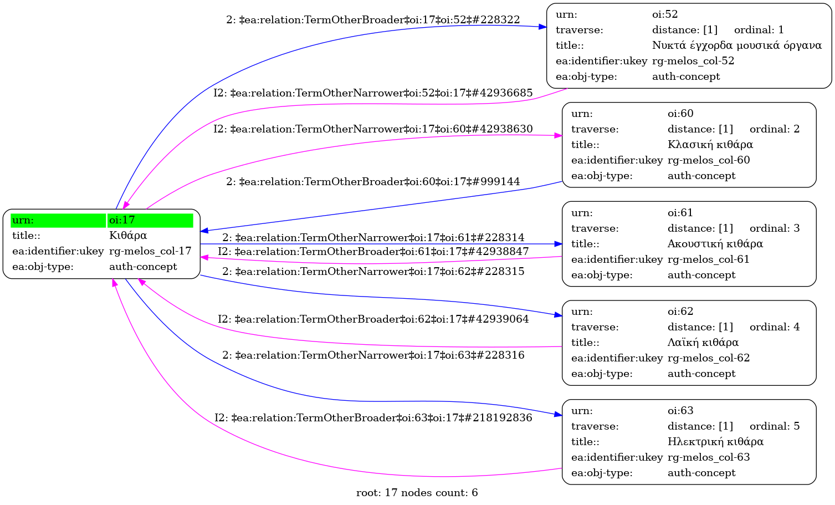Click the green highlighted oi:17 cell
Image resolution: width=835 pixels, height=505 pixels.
pyautogui.click(x=150, y=220)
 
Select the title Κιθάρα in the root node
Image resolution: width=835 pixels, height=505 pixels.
pyautogui.click(x=128, y=236)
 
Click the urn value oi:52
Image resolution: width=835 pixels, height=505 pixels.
pyautogui.click(x=665, y=14)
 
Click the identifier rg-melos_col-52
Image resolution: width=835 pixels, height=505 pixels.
pyautogui.click(x=693, y=61)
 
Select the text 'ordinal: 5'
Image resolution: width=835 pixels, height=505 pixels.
pyautogui.click(x=774, y=426)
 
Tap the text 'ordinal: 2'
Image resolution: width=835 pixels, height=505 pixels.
pyautogui.click(x=774, y=129)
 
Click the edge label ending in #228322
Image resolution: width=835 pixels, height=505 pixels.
pyautogui.click(x=373, y=20)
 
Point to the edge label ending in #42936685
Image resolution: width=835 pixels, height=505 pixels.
pyautogui.click(x=373, y=93)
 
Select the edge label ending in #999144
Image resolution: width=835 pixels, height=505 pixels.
pyautogui.click(x=373, y=182)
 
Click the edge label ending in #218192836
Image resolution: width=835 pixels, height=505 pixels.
pyautogui.click(x=373, y=418)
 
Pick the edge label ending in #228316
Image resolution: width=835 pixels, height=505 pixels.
pyautogui.click(x=373, y=355)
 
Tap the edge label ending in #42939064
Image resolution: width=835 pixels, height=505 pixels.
pyautogui.click(x=373, y=319)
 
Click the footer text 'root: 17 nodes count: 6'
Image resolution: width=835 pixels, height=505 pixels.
pyautogui.click(x=417, y=493)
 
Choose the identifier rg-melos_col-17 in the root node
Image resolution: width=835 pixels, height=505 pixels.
pyautogui.click(x=150, y=251)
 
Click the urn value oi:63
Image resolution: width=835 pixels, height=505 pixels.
pyautogui.click(x=680, y=411)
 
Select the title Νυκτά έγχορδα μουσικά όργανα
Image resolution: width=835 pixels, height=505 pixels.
pyautogui.click(x=736, y=45)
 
